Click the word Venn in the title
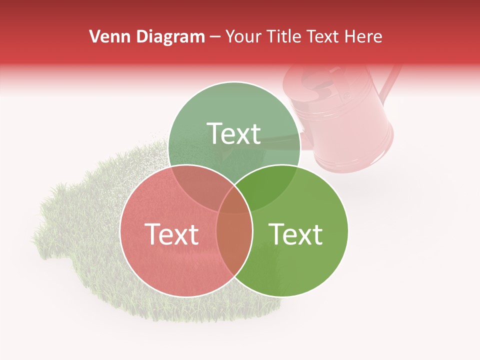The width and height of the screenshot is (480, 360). pyautogui.click(x=106, y=36)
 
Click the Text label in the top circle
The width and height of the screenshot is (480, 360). pyautogui.click(x=234, y=134)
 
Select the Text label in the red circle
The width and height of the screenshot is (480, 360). pyautogui.click(x=171, y=234)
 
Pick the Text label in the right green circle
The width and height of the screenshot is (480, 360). pyautogui.click(x=296, y=234)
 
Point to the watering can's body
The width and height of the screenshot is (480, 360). pyautogui.click(x=350, y=130)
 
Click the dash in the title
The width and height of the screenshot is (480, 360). pyautogui.click(x=215, y=36)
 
